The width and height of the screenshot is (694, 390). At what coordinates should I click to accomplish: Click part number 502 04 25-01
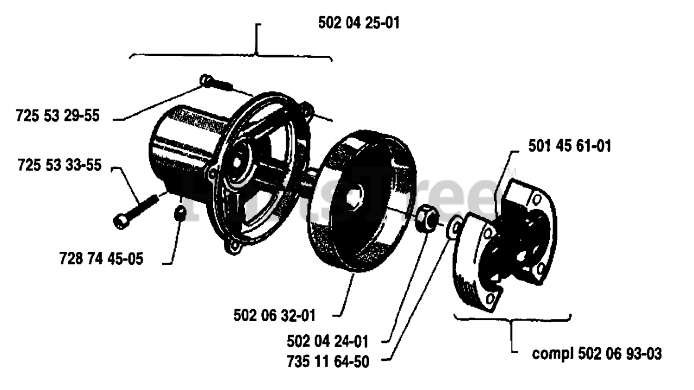(359, 24)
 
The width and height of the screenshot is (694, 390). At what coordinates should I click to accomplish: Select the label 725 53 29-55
(57, 116)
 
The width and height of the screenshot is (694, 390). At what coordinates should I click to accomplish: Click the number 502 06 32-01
(275, 315)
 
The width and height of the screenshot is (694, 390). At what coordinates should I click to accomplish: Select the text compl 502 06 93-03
(597, 355)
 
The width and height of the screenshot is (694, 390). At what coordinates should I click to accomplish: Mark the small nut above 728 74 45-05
(181, 213)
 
